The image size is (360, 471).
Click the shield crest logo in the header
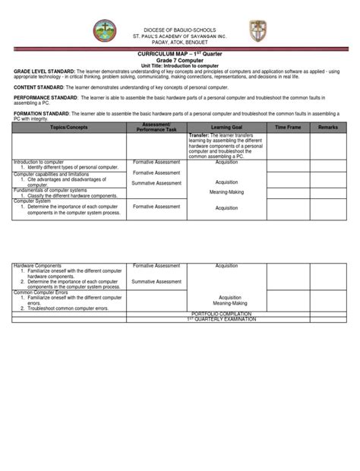click(258, 32)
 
